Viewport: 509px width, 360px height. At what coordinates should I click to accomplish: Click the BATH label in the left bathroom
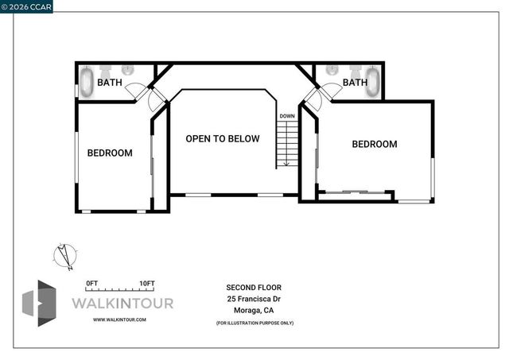tap(109, 82)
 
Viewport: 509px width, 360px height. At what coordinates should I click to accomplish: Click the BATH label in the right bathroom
tap(355, 82)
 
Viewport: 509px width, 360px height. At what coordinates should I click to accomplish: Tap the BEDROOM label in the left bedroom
tap(110, 153)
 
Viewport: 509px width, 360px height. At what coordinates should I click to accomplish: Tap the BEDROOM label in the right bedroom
tap(374, 144)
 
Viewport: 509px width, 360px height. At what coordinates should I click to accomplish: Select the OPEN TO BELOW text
tap(223, 138)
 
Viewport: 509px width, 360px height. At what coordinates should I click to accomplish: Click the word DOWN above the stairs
tap(286, 116)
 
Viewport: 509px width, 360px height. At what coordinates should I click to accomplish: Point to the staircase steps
tap(286, 145)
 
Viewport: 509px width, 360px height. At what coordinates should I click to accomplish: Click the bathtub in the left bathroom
tap(85, 82)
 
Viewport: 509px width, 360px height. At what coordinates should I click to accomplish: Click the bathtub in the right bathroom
tap(373, 82)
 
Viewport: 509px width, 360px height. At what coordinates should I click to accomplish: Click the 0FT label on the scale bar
tap(91, 284)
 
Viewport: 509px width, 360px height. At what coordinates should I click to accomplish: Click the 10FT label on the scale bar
tap(146, 284)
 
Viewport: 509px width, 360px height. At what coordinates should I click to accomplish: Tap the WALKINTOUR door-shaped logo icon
tap(39, 303)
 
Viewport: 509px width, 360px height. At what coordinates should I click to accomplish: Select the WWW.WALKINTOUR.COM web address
tap(119, 319)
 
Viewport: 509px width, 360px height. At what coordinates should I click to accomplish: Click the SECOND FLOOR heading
tap(254, 287)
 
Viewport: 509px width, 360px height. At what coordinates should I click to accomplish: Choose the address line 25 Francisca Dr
tap(254, 299)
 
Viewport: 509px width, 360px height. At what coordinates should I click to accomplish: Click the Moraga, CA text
tap(254, 311)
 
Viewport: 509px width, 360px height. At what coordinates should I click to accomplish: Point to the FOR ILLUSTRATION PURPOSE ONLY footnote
tap(254, 323)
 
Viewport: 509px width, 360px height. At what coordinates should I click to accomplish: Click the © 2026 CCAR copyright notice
tap(27, 6)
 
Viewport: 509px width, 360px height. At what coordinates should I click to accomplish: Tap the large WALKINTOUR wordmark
tap(122, 303)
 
